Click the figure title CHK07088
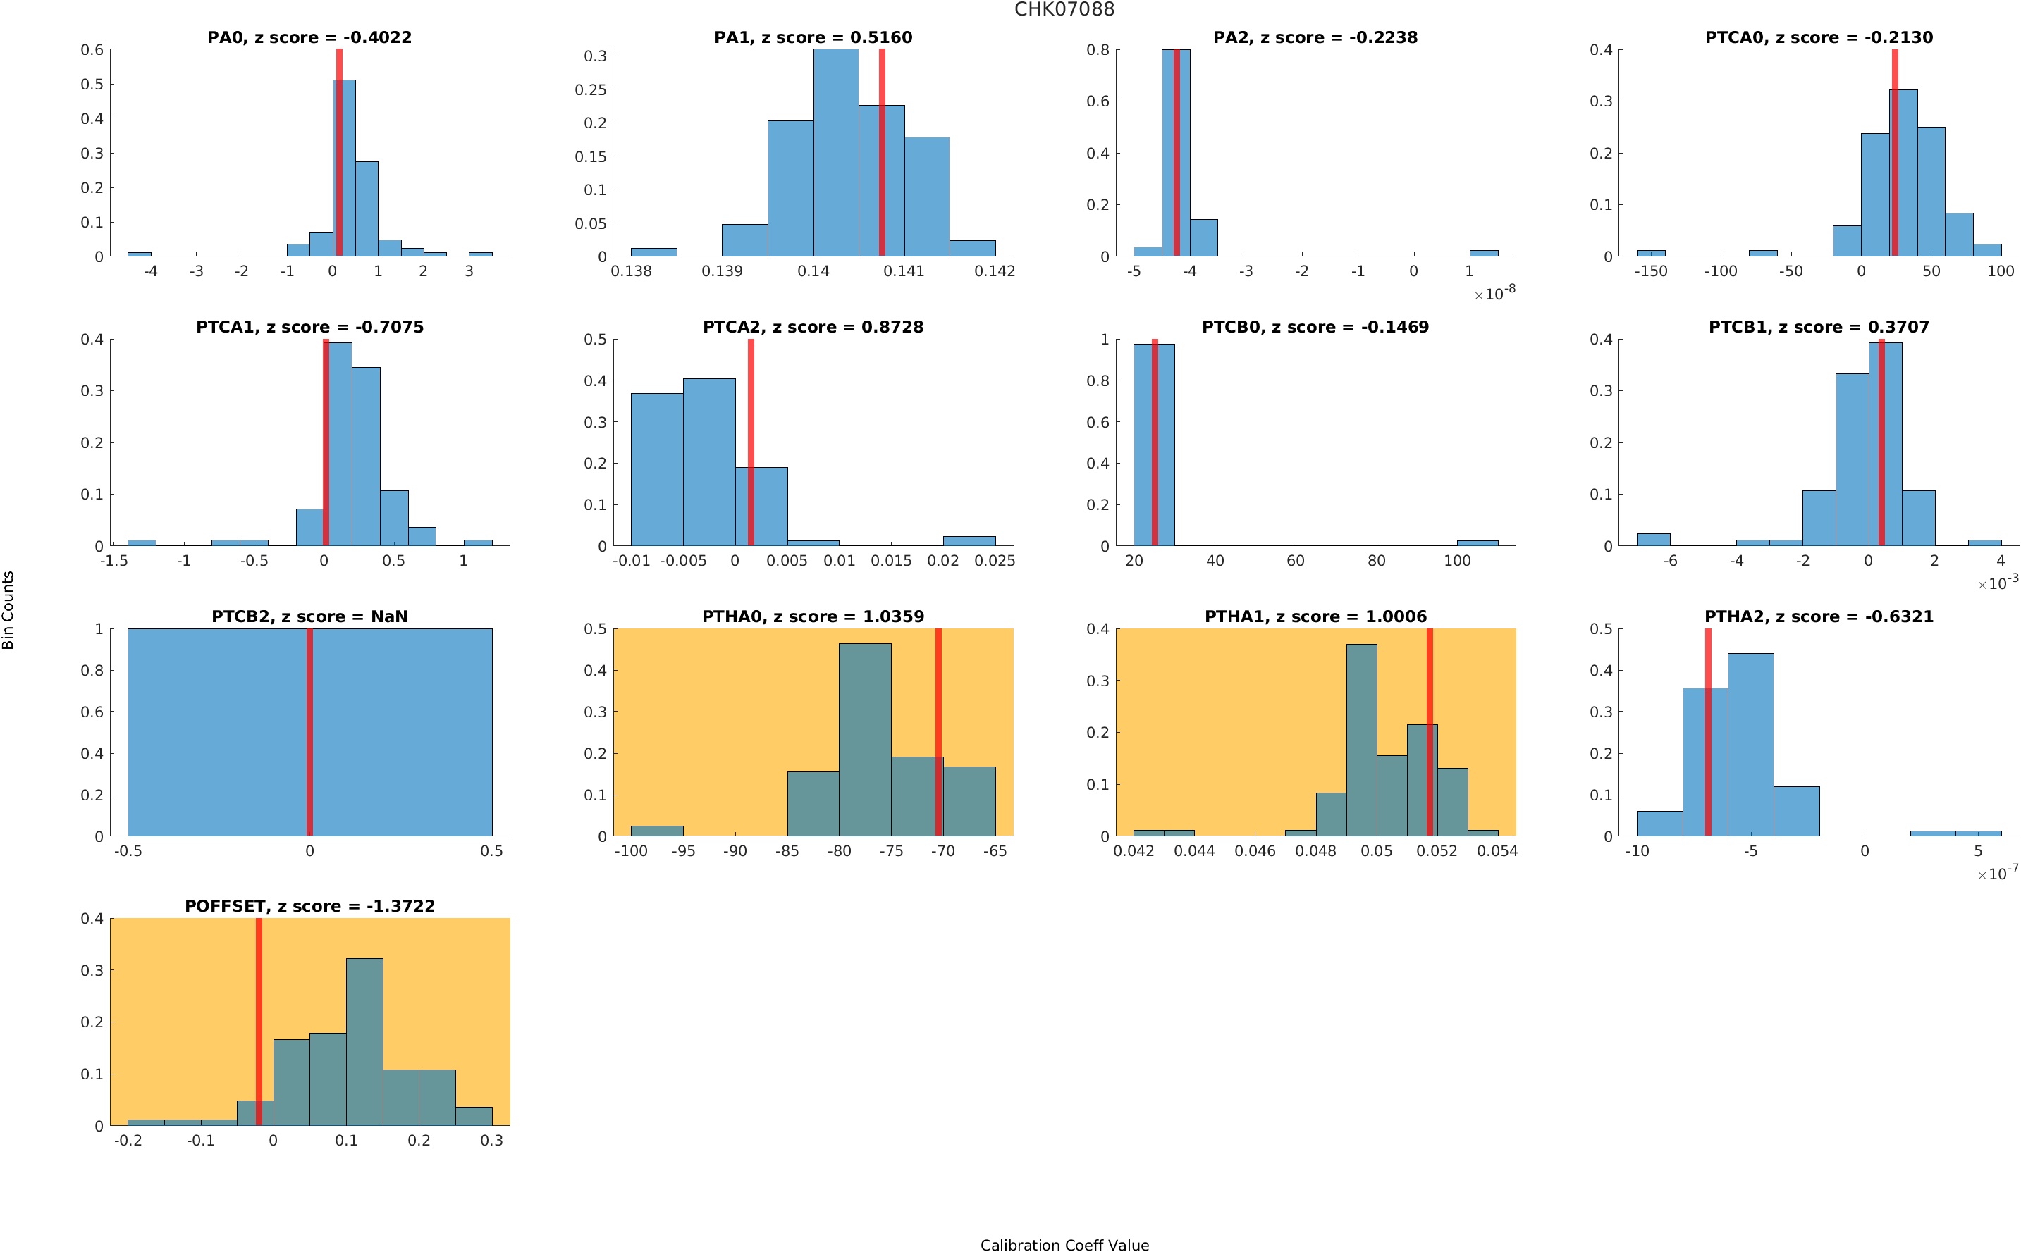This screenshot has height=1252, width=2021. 1064,10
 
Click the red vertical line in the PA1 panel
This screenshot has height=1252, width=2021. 881,153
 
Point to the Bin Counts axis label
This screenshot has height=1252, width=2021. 8,609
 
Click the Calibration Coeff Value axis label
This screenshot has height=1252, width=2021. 1064,1244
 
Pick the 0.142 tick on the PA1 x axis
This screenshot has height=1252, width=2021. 994,271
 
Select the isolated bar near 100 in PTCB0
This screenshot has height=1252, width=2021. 1477,543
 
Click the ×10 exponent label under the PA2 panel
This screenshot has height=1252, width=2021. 1494,294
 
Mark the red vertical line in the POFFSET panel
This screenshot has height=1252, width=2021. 259,1022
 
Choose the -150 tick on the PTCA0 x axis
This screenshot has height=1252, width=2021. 1650,271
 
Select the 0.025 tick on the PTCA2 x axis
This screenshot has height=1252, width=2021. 994,562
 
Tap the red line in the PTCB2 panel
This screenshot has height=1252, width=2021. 309,732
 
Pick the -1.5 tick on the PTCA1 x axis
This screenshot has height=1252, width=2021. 113,562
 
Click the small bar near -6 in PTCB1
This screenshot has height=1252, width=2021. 1653,540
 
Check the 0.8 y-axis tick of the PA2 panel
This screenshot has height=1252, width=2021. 1098,51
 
